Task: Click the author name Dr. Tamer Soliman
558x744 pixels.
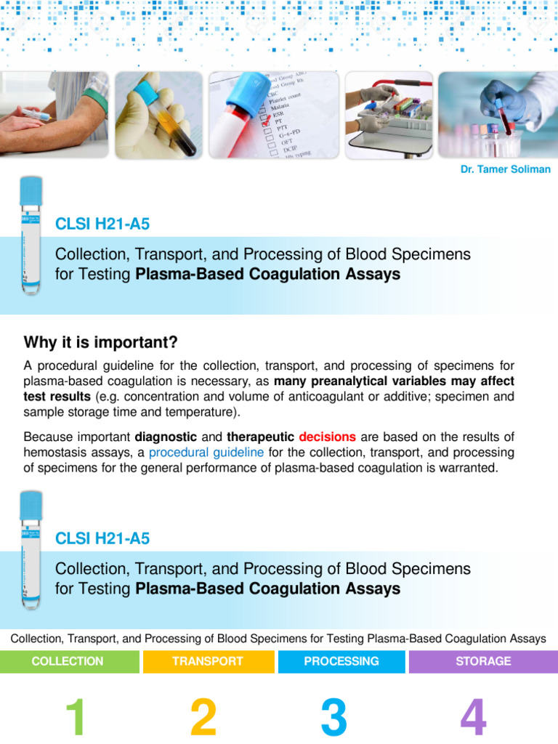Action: point(505,169)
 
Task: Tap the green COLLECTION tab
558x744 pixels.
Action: point(68,661)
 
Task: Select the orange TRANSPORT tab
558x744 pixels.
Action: point(207,661)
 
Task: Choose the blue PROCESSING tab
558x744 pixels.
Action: point(341,661)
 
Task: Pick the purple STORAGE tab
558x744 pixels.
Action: point(483,661)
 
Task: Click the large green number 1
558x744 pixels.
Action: point(76,717)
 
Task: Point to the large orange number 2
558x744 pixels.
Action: point(203,717)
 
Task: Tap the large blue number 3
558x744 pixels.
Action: point(333,717)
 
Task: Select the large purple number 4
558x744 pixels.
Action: point(472,717)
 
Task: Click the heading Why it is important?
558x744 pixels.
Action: point(100,342)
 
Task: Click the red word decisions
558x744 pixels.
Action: point(327,437)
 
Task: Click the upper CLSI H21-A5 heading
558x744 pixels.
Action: point(102,224)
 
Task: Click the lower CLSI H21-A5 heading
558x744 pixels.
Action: point(102,538)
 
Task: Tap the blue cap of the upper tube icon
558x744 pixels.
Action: point(31,190)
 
